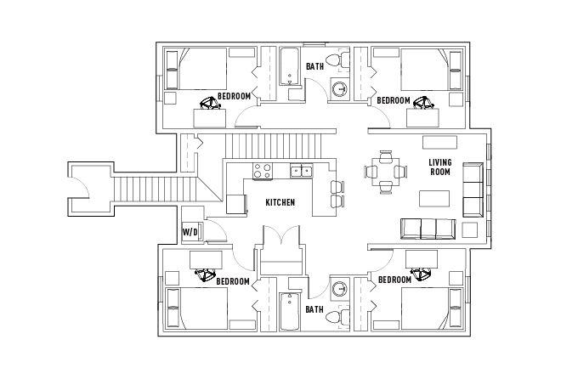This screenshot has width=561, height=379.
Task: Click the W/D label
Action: coord(190,232)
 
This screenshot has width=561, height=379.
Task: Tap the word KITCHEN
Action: coord(280,202)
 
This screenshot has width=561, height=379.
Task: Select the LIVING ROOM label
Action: coord(440,167)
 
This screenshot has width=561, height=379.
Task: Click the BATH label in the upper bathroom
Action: coord(314,66)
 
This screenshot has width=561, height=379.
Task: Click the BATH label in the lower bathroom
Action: coord(314,309)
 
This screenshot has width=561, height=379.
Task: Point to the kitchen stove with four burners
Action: coord(263,171)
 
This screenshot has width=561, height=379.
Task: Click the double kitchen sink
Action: coord(301,171)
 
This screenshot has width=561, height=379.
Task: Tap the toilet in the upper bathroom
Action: coord(338,60)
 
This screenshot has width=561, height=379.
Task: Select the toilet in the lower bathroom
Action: coord(338,317)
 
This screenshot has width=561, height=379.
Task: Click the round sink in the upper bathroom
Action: coord(339,88)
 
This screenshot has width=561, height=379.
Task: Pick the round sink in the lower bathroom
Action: coord(339,288)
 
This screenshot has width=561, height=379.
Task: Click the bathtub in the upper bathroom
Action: coord(289,66)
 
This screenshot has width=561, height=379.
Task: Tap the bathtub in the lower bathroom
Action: coord(289,312)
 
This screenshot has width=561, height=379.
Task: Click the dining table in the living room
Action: coord(385,172)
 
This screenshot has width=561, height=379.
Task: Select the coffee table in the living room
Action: coord(434,199)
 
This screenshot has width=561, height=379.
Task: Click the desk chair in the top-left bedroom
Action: coord(210,103)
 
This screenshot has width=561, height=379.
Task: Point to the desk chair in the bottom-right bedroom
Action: coord(421,274)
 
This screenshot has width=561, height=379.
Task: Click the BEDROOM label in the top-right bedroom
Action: coord(394,100)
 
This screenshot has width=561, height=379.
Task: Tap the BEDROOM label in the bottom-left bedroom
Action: coord(233,281)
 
